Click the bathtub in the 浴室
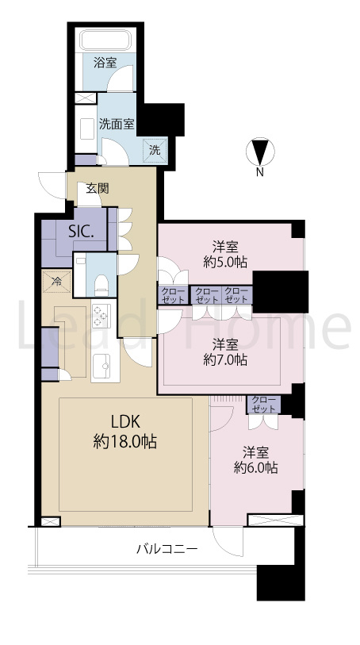coord(109,40)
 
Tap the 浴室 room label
coord(105,63)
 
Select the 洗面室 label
coord(117,125)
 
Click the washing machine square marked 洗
coord(155,150)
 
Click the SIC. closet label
coord(82,232)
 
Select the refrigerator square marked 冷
coord(57,282)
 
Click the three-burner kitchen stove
coord(100,316)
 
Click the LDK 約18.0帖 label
coord(125,432)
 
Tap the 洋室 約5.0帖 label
coord(225,255)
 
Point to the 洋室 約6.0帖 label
coord(255,460)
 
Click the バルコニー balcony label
coord(167,549)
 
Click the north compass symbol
coord(260,152)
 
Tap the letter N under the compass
coord(260,173)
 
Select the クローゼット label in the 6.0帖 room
coord(263,405)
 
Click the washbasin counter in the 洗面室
coord(86,129)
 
